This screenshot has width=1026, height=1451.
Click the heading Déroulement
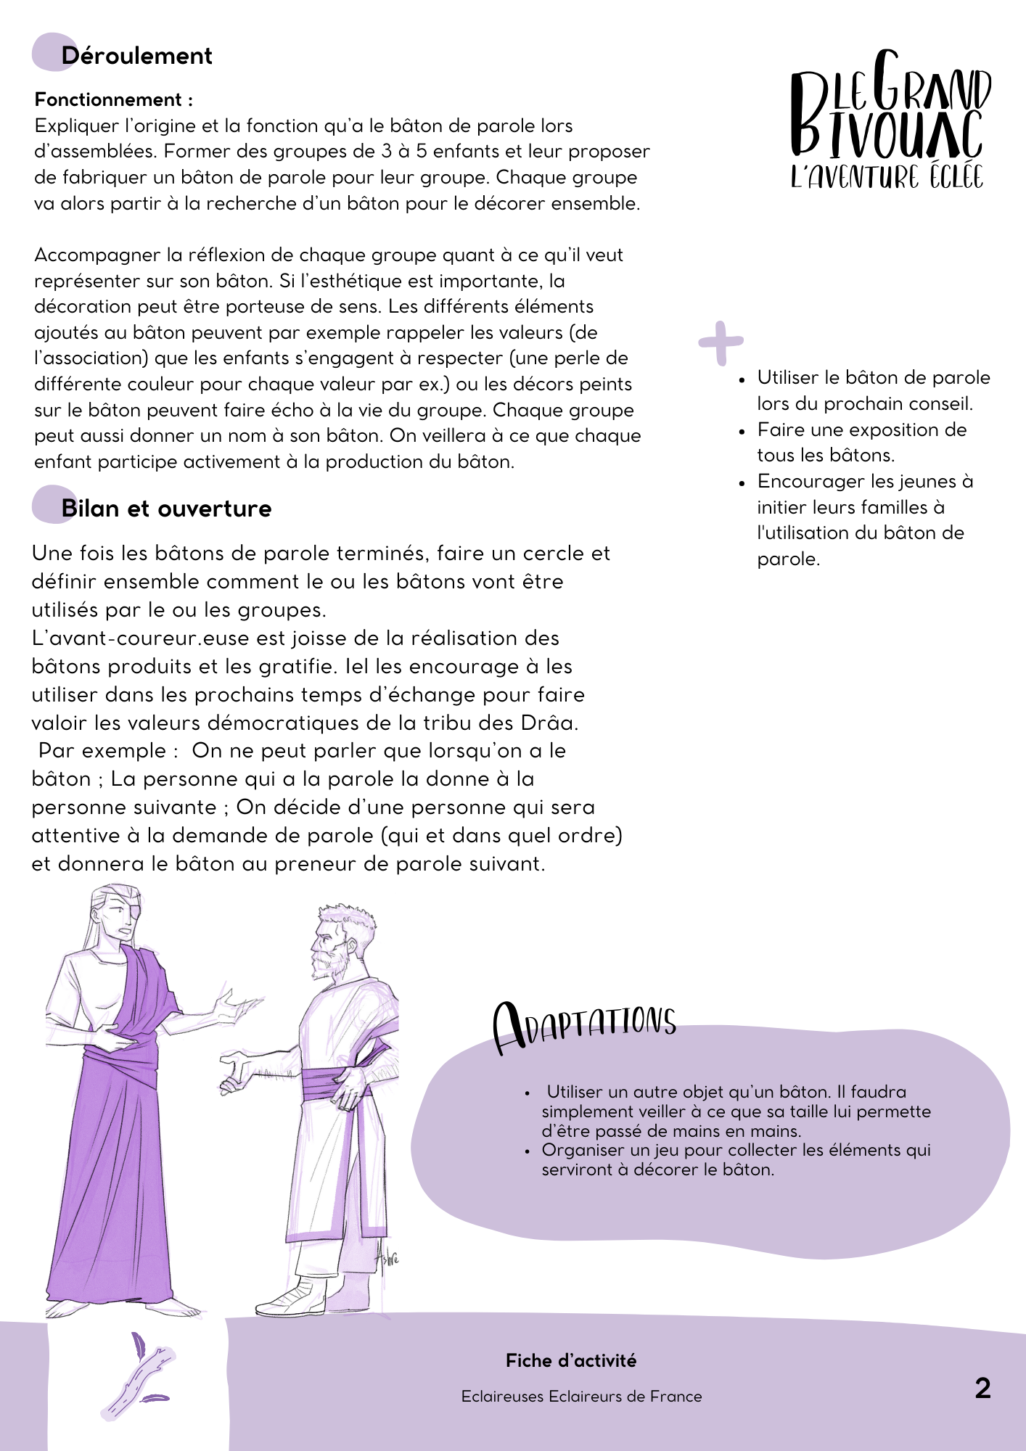(136, 56)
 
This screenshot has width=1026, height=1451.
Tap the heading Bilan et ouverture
(166, 509)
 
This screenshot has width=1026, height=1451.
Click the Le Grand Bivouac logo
(890, 120)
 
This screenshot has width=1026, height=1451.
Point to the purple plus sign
(721, 342)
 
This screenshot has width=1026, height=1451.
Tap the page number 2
(982, 1388)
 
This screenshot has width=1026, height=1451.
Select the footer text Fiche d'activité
(571, 1360)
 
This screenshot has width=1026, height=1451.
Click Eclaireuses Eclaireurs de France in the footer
(581, 1396)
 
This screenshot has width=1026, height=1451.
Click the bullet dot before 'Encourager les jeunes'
(742, 482)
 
